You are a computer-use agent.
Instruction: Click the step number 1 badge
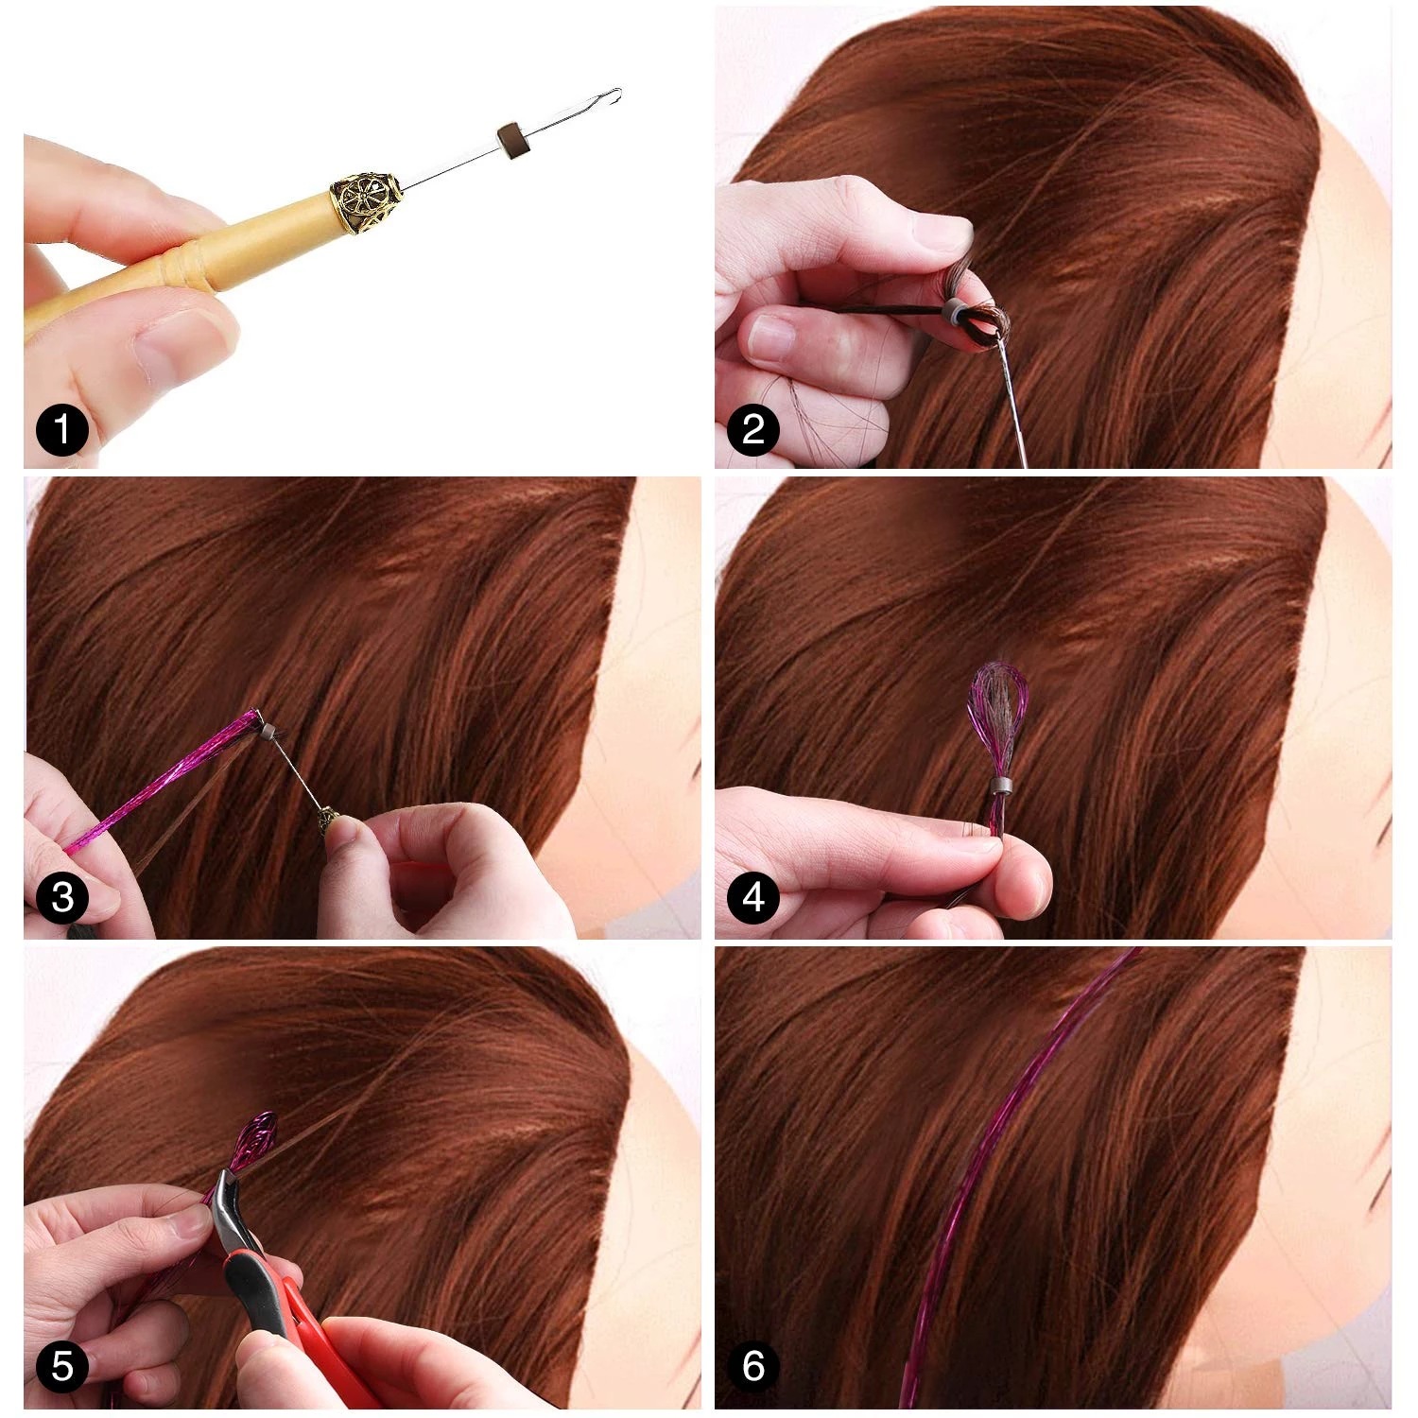tap(62, 431)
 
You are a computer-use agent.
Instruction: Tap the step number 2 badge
tap(753, 431)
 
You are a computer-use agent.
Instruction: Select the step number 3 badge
tap(62, 897)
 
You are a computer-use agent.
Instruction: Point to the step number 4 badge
tap(753, 897)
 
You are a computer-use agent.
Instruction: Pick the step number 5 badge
tap(62, 1367)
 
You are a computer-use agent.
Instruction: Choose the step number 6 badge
tap(753, 1367)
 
